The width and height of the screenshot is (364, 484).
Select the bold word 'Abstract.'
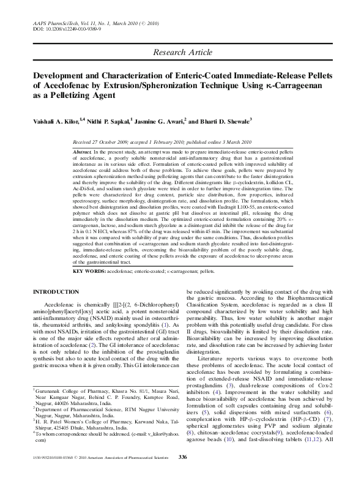coord(82,151)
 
